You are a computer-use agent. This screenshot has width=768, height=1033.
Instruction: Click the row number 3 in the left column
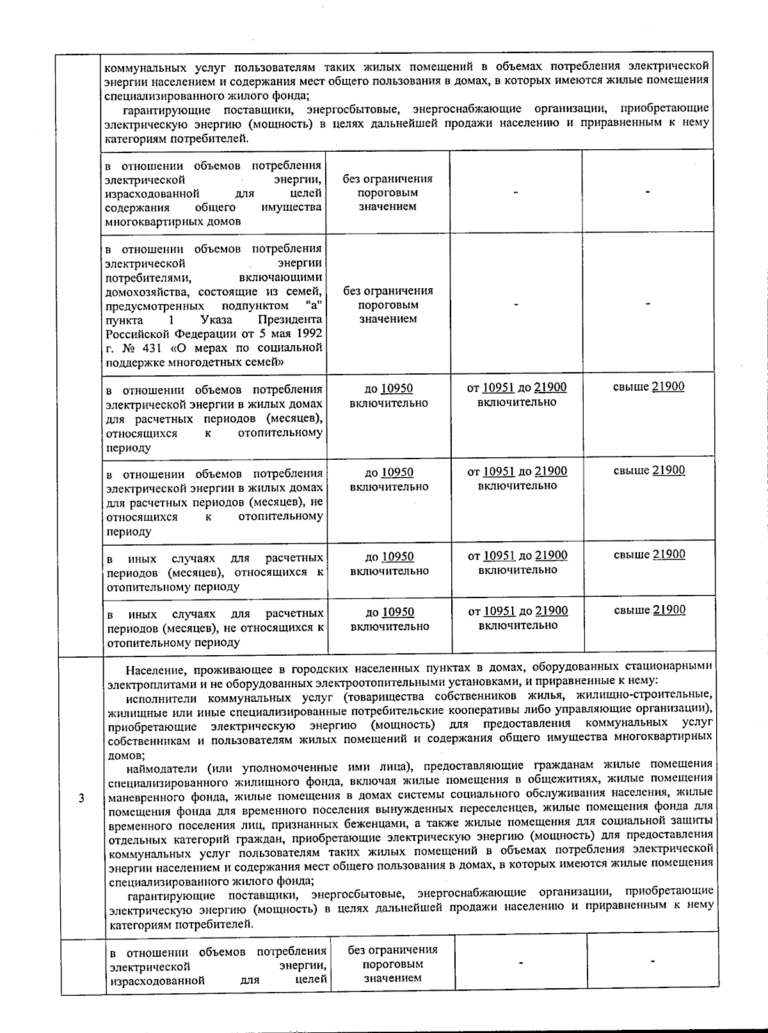pos(81,798)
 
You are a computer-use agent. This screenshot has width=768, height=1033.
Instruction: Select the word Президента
pos(290,319)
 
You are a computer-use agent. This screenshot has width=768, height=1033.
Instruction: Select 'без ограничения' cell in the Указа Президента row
pos(388,304)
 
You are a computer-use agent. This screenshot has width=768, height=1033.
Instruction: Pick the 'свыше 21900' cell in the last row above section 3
pos(649,610)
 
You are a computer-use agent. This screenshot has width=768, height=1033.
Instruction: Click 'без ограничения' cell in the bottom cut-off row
pos(392,963)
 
